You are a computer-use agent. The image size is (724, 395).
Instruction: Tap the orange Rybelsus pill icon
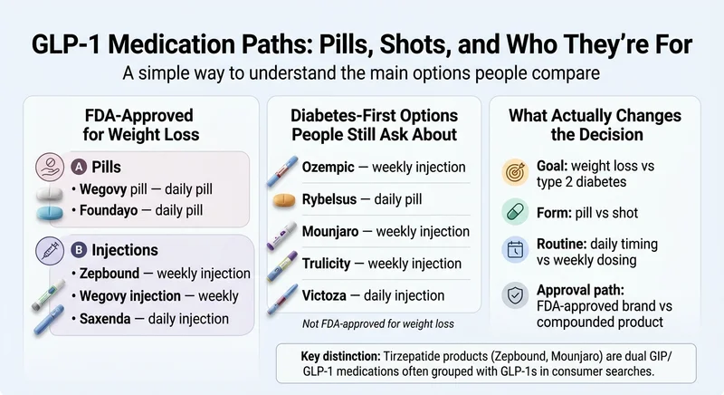pos(285,198)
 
